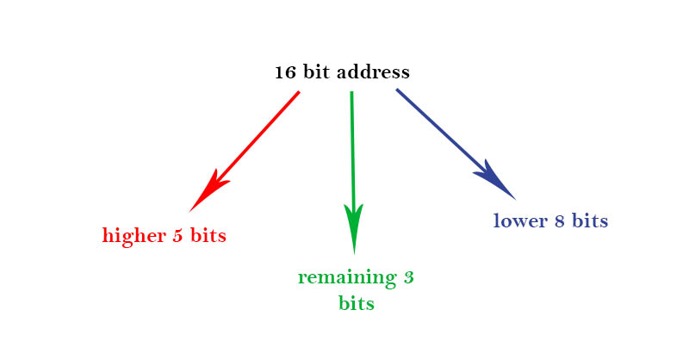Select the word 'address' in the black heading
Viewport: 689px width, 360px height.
click(x=374, y=72)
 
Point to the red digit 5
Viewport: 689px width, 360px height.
click(x=177, y=235)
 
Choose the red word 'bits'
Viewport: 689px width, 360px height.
click(x=208, y=235)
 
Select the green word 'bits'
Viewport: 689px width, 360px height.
click(x=357, y=303)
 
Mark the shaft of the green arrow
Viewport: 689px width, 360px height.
click(x=352, y=146)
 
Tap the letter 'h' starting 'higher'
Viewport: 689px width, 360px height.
click(x=107, y=235)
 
